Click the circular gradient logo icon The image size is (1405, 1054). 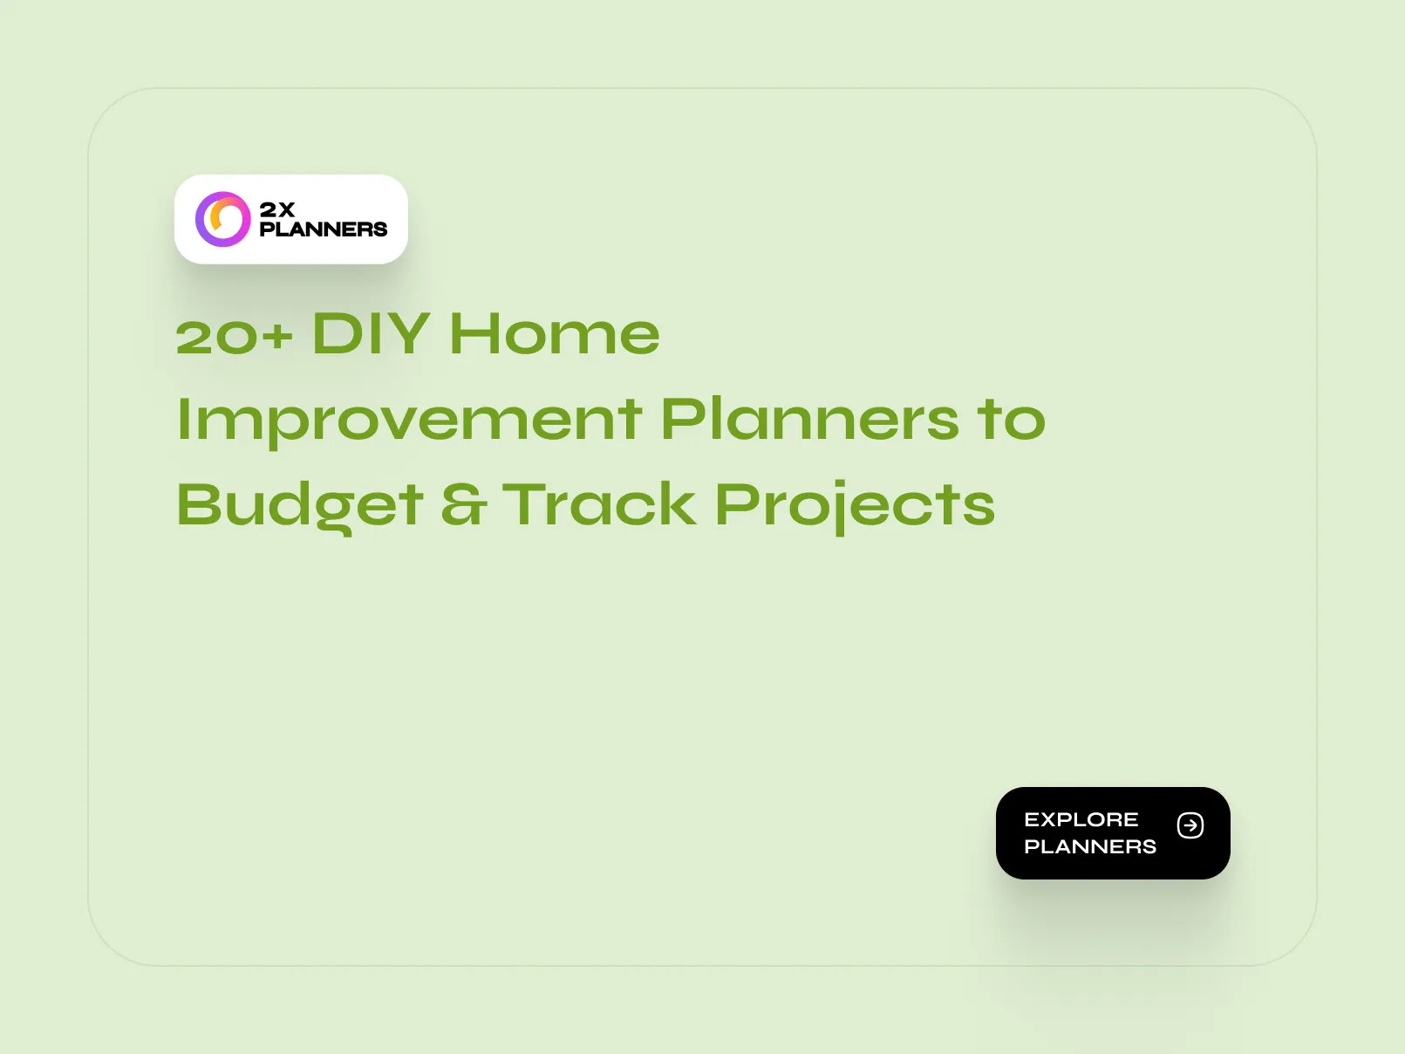click(x=223, y=219)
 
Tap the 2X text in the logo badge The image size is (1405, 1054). click(x=277, y=209)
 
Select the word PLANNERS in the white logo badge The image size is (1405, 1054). click(x=324, y=229)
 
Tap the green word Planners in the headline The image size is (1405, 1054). click(x=809, y=420)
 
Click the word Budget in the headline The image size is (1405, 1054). click(x=300, y=506)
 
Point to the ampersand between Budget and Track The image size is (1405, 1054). click(x=462, y=506)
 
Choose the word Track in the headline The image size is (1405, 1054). click(x=600, y=504)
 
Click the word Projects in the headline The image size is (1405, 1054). click(x=855, y=506)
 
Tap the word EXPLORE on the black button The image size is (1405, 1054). click(x=1081, y=819)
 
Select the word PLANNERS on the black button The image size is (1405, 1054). click(x=1090, y=846)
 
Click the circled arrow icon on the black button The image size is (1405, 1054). click(x=1190, y=825)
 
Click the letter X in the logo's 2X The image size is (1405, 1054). click(x=286, y=209)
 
